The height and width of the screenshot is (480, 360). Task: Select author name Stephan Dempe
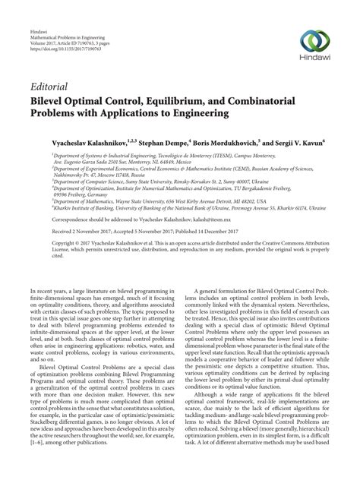click(x=164, y=141)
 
